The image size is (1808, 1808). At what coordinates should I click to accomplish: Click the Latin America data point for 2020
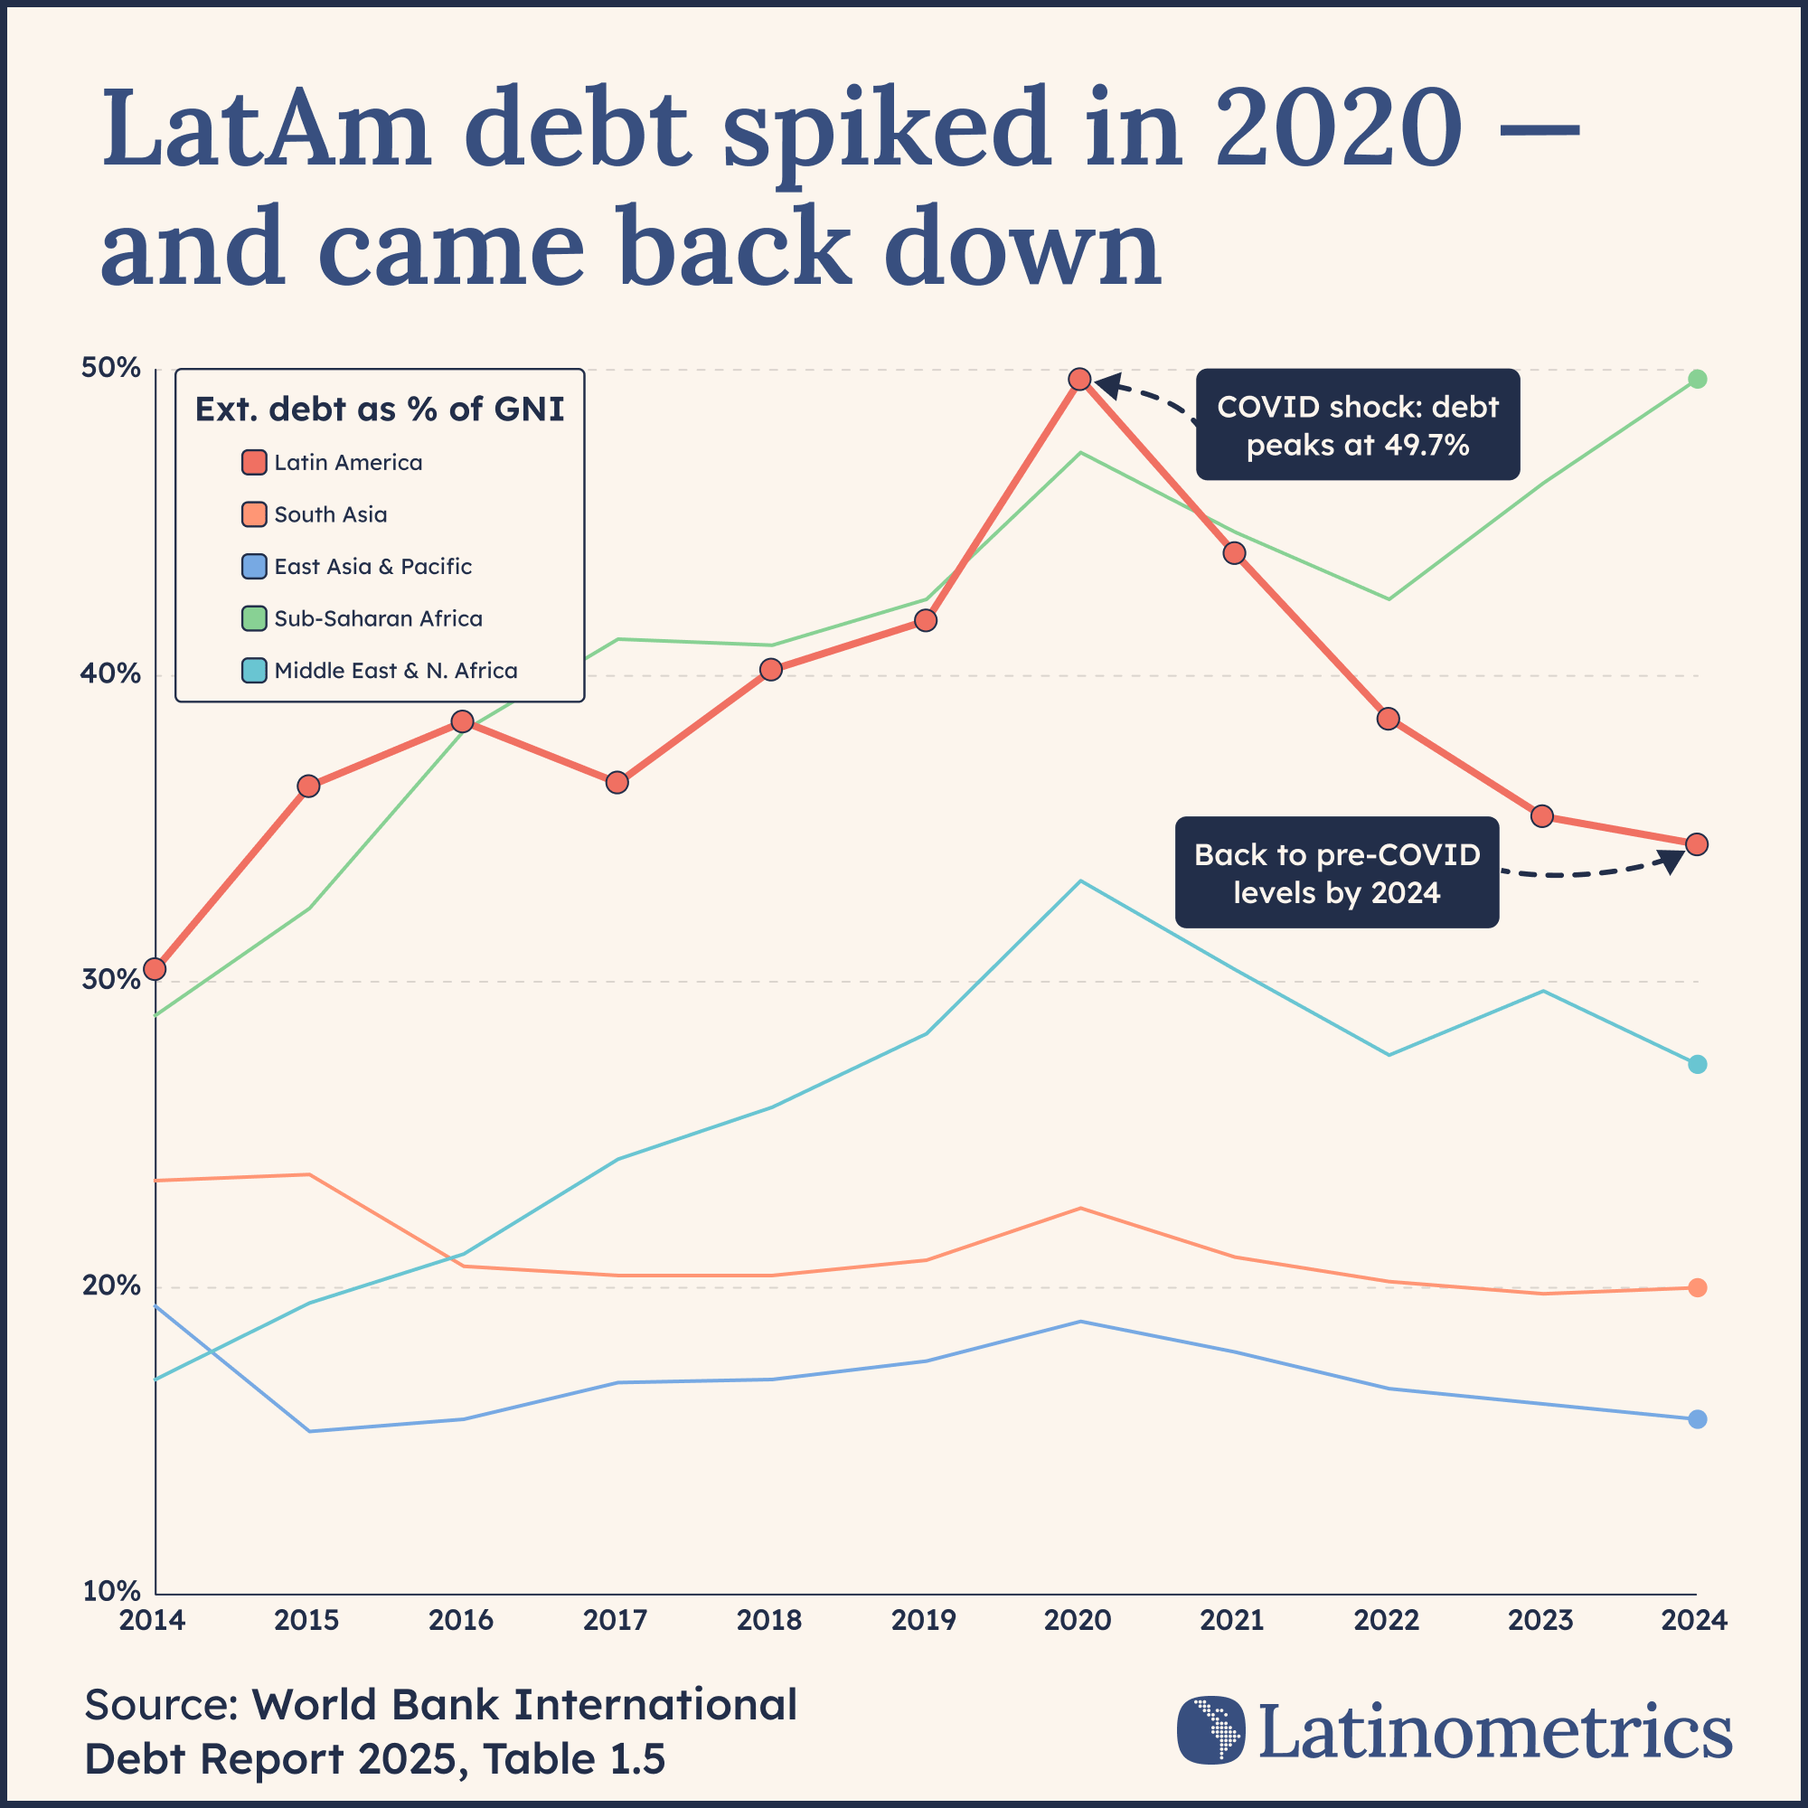pyautogui.click(x=1079, y=379)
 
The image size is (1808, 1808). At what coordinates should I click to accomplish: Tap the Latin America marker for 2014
pyautogui.click(x=155, y=968)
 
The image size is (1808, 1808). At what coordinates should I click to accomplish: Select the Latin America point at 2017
pyautogui.click(x=617, y=782)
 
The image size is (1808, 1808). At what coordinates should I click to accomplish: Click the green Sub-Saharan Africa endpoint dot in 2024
pyautogui.click(x=1697, y=379)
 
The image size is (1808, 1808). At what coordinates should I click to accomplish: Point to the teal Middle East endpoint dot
pyautogui.click(x=1697, y=1064)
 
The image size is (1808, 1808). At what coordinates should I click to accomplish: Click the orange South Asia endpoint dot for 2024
pyautogui.click(x=1697, y=1287)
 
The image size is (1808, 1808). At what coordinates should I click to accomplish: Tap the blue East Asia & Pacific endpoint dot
pyautogui.click(x=1697, y=1419)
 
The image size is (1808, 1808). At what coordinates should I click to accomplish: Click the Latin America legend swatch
pyautogui.click(x=254, y=462)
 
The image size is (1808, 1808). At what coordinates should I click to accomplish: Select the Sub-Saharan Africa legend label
pyautogui.click(x=378, y=618)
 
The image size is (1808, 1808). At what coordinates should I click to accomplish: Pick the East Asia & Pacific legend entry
pyautogui.click(x=372, y=566)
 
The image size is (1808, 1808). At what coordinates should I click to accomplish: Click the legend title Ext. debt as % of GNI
pyautogui.click(x=379, y=409)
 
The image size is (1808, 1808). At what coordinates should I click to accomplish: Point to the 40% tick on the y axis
pyautogui.click(x=110, y=673)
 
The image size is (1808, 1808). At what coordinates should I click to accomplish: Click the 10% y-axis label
pyautogui.click(x=110, y=1591)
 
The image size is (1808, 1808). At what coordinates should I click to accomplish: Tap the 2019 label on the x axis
pyautogui.click(x=924, y=1620)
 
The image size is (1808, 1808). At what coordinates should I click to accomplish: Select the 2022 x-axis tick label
pyautogui.click(x=1386, y=1620)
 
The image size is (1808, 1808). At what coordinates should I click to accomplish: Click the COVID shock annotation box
pyautogui.click(x=1357, y=425)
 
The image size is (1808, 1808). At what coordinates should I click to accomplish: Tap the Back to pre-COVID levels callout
pyautogui.click(x=1336, y=873)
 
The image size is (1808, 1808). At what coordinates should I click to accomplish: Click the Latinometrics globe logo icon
pyautogui.click(x=1211, y=1729)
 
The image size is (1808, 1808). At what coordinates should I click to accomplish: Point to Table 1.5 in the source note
pyautogui.click(x=574, y=1758)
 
